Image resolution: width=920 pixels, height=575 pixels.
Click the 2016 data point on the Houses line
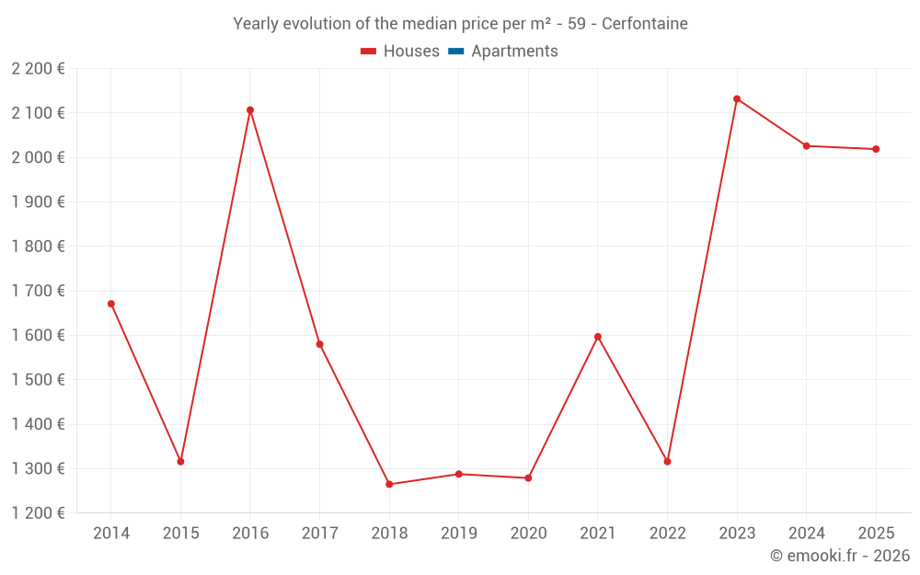250,110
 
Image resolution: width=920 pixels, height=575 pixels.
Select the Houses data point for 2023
737,98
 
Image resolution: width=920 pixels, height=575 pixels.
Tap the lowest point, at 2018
389,484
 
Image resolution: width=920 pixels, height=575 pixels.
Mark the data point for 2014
111,304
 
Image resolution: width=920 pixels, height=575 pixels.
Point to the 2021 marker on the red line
598,337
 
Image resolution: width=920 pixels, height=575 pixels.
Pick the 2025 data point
876,149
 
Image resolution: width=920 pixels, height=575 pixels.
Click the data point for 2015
180,461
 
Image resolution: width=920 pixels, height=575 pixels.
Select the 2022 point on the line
667,461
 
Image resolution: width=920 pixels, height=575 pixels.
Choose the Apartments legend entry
513,52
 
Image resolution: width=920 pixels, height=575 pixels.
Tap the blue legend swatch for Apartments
456,52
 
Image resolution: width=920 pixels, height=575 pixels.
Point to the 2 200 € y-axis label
39,69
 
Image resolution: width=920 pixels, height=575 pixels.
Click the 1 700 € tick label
39,291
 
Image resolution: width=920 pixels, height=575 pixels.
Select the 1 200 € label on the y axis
39,513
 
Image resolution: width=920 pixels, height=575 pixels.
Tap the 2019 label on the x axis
459,534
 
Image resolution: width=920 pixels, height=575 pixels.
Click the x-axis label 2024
806,534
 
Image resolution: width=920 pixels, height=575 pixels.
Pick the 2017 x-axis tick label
319,534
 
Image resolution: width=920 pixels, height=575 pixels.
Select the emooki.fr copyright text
840,556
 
